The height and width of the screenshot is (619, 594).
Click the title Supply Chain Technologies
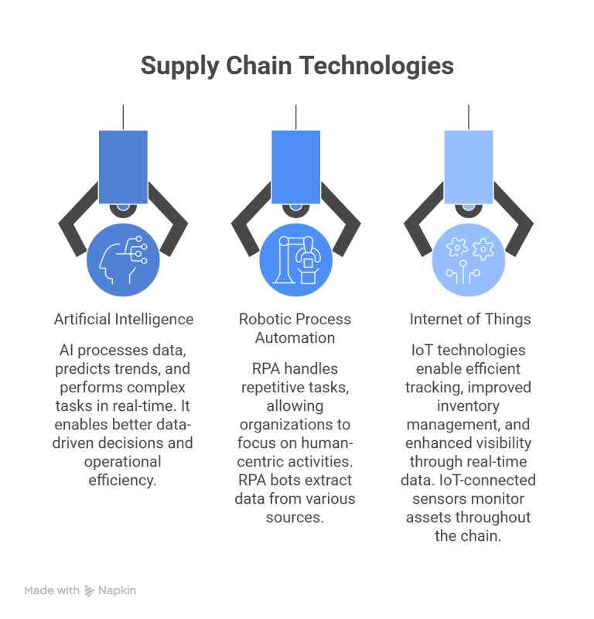pos(296,67)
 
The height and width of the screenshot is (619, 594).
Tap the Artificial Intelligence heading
pos(124,319)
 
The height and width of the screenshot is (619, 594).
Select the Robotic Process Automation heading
pos(296,328)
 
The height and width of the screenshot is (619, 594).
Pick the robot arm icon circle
pos(296,258)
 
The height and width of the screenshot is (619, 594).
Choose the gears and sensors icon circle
pos(469,258)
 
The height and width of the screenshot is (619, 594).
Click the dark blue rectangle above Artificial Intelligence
pos(124,166)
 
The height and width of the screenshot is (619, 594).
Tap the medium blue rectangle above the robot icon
pos(296,166)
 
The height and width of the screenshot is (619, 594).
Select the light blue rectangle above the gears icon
pos(469,166)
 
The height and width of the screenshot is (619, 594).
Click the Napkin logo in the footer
pos(111,590)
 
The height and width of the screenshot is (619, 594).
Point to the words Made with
pos(51,590)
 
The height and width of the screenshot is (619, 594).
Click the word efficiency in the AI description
pos(124,480)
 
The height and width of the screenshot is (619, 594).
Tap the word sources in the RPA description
pos(296,518)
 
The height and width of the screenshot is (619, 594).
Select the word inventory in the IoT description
pos(469,405)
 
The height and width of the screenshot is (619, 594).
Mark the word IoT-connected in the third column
pos(492,480)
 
